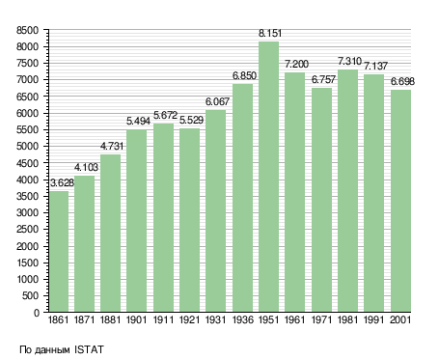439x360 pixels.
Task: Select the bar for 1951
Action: point(268,177)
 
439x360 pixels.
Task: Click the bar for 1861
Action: point(59,252)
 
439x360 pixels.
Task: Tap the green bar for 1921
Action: point(189,220)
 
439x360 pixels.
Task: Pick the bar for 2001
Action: point(400,201)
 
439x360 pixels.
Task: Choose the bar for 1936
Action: point(242,198)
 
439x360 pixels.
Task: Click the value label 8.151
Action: point(270,33)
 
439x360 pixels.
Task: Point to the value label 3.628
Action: point(62,182)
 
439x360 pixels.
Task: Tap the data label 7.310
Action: point(349,61)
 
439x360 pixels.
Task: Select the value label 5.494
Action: point(138,121)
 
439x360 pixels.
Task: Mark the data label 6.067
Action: point(217,101)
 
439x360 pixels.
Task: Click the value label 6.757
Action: point(323,79)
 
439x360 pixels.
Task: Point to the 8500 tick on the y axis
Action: point(27,31)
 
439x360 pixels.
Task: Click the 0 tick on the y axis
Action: point(36,313)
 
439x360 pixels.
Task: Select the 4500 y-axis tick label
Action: point(27,163)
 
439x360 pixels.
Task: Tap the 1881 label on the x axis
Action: point(110,319)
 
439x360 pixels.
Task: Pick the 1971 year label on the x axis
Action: point(321,319)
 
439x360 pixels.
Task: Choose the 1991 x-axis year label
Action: point(373,319)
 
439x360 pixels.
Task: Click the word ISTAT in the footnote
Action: point(89,349)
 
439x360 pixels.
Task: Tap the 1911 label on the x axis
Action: point(163,319)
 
